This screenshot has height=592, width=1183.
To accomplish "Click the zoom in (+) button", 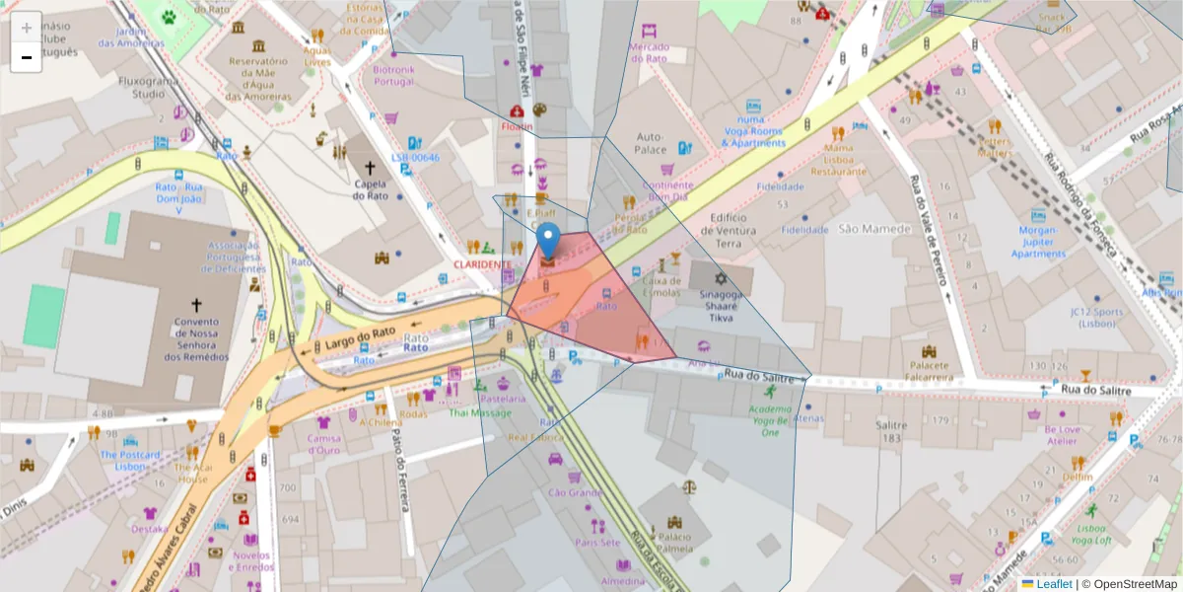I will (26, 28).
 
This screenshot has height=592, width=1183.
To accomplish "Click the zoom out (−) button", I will (26, 57).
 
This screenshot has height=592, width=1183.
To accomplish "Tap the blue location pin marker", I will (548, 242).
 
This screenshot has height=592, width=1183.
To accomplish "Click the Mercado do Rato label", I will (650, 52).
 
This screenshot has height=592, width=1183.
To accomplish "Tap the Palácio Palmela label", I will (675, 543).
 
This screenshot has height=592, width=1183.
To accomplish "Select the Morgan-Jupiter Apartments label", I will (1038, 242).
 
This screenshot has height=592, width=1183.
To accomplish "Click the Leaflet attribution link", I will (1054, 584).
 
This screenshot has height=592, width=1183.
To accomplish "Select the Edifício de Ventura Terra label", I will (741, 229).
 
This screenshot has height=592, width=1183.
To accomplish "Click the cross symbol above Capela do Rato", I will (370, 169).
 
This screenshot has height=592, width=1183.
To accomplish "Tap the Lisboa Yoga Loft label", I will (1090, 534).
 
